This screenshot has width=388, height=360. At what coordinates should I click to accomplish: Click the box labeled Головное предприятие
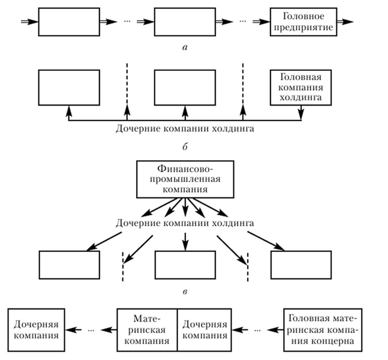pos(303,22)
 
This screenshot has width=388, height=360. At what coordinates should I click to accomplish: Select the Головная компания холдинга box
pos(300,88)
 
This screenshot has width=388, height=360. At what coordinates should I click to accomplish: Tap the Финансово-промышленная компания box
pos(185,179)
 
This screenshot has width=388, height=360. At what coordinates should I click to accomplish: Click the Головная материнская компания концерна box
pos(323,330)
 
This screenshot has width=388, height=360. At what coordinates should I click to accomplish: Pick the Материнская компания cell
pos(147,330)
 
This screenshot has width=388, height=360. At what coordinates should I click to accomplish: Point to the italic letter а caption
pos(185,47)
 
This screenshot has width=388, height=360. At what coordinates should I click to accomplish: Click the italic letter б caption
pos(185,147)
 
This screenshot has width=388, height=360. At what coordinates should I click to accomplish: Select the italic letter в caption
pos(185,292)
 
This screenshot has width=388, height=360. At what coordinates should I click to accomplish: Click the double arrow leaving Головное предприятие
pos(345,22)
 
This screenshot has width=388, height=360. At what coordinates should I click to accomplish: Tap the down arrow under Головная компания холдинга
pos(301,113)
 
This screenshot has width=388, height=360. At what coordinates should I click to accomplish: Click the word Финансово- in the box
pos(185,169)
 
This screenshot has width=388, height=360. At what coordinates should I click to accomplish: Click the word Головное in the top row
pos(303,16)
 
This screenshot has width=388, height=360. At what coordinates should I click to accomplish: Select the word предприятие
pos(303,27)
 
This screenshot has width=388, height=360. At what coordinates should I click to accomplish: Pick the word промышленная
pos(185,179)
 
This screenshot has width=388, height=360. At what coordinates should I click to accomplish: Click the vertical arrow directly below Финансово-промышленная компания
pos(185,207)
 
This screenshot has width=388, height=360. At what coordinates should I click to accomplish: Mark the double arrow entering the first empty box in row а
pos(30,22)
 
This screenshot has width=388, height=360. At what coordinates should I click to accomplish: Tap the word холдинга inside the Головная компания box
pos(300,98)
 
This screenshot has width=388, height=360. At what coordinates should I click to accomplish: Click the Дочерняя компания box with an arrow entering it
pos(36,330)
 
